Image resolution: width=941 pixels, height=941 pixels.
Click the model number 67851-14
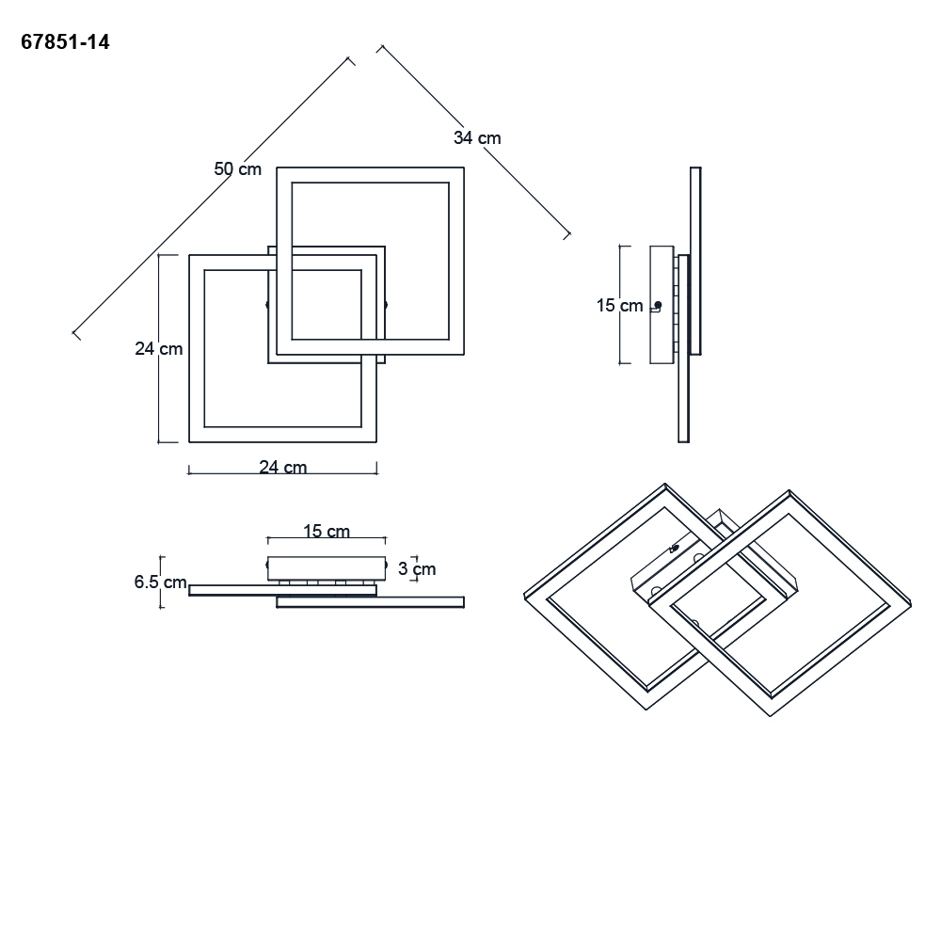pyautogui.click(x=66, y=42)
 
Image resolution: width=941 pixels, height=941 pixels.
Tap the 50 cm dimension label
pyautogui.click(x=238, y=169)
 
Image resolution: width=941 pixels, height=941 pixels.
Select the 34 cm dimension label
pyautogui.click(x=477, y=138)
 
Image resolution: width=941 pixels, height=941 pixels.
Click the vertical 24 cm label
pyautogui.click(x=158, y=349)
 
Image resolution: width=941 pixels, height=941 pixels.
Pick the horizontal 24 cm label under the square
pyautogui.click(x=282, y=467)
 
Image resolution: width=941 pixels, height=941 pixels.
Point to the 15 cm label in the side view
pyautogui.click(x=619, y=306)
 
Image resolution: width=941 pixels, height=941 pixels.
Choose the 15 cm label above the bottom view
pyautogui.click(x=327, y=531)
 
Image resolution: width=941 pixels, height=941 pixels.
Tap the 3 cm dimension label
pyautogui.click(x=417, y=569)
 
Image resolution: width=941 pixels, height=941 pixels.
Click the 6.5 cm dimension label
pyautogui.click(x=160, y=582)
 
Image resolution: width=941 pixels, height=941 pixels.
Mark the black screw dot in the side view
pyautogui.click(x=658, y=305)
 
